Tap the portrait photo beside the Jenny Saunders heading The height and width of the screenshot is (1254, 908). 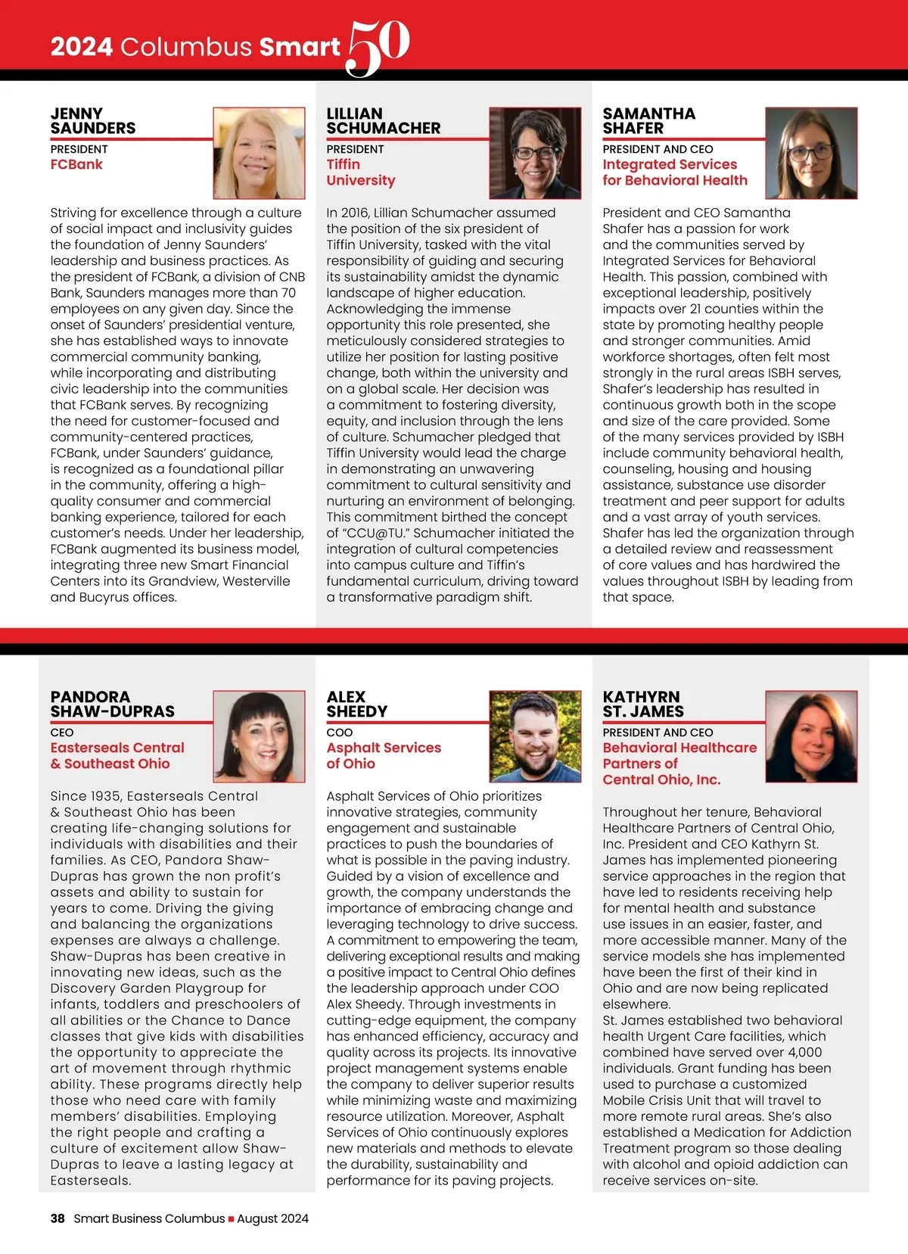click(x=259, y=153)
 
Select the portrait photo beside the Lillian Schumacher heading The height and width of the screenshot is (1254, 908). click(x=535, y=153)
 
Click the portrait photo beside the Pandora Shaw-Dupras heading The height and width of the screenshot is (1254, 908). click(x=259, y=736)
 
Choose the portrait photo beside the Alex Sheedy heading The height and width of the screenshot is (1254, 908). click(x=535, y=736)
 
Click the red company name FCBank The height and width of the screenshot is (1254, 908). click(x=76, y=164)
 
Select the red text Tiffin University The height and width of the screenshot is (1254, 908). click(x=360, y=173)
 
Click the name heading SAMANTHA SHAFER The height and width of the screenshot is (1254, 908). click(x=648, y=121)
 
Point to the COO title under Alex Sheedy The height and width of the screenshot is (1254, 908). click(x=340, y=733)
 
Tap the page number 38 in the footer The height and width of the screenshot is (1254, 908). click(x=58, y=1218)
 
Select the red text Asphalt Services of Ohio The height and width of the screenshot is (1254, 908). click(x=384, y=755)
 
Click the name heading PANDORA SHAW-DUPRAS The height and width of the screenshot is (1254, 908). click(x=113, y=704)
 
